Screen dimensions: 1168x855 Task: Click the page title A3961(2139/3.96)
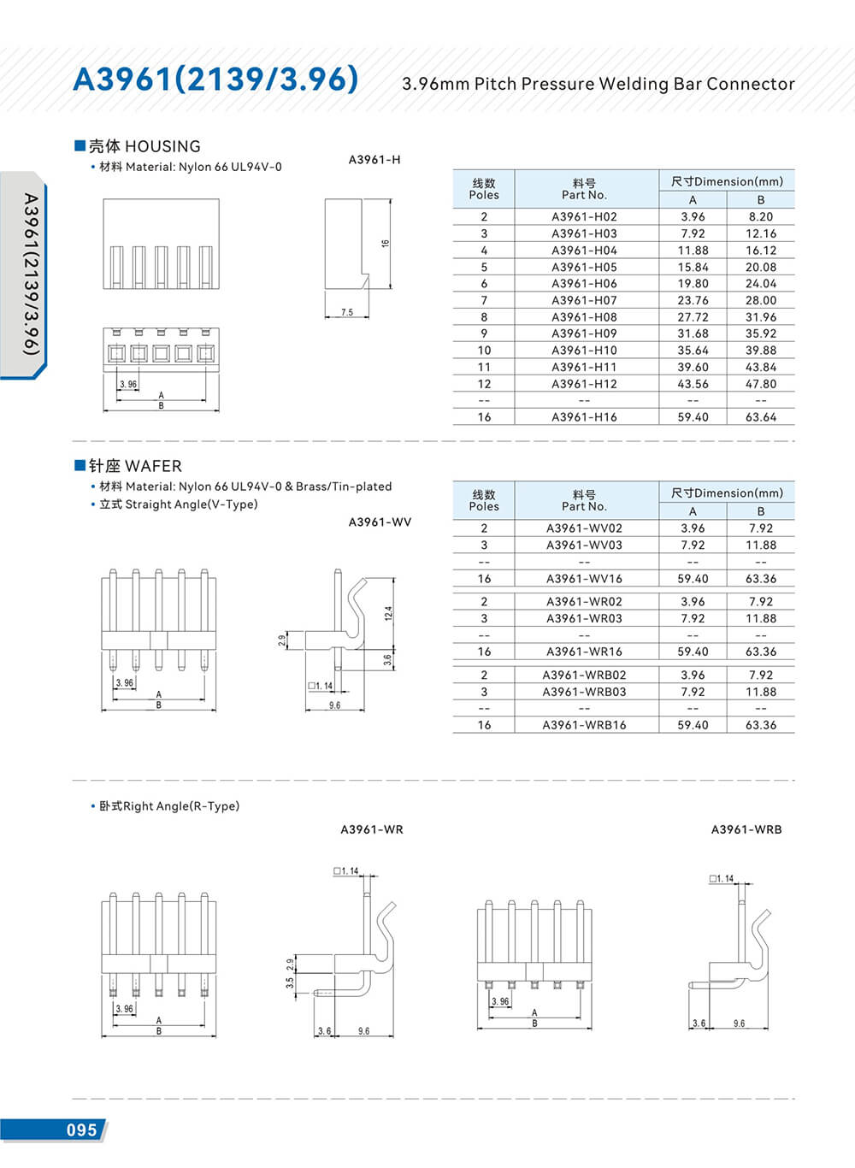pyautogui.click(x=215, y=79)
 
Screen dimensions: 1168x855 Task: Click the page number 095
pyautogui.click(x=82, y=1130)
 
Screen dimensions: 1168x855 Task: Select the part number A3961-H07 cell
pyautogui.click(x=584, y=300)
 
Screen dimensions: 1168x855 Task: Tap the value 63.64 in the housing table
pyautogui.click(x=760, y=417)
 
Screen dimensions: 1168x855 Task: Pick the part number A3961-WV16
pyautogui.click(x=584, y=579)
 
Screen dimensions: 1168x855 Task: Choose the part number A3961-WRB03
pyautogui.click(x=584, y=692)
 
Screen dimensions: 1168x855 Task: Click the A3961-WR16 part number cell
pyautogui.click(x=584, y=652)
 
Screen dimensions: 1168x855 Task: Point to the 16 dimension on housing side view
pyautogui.click(x=386, y=244)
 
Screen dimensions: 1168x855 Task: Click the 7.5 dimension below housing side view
pyautogui.click(x=347, y=312)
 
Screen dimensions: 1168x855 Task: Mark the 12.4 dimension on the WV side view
pyautogui.click(x=388, y=613)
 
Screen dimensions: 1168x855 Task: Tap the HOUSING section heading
pyautogui.click(x=144, y=146)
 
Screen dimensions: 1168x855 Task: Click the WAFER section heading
pyautogui.click(x=135, y=466)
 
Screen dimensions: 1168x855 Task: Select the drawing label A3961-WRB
pyautogui.click(x=746, y=829)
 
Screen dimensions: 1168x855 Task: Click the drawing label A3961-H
pyautogui.click(x=374, y=160)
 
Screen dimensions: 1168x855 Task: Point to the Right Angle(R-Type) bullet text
pyautogui.click(x=169, y=806)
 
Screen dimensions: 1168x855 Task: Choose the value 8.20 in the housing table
pyautogui.click(x=760, y=217)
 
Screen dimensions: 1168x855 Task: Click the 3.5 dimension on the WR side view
pyautogui.click(x=290, y=983)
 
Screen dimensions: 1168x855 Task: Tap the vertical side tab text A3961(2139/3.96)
pyautogui.click(x=31, y=274)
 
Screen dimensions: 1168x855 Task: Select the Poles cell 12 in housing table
pyautogui.click(x=484, y=384)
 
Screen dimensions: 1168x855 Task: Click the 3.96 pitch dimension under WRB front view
pyautogui.click(x=500, y=1001)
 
